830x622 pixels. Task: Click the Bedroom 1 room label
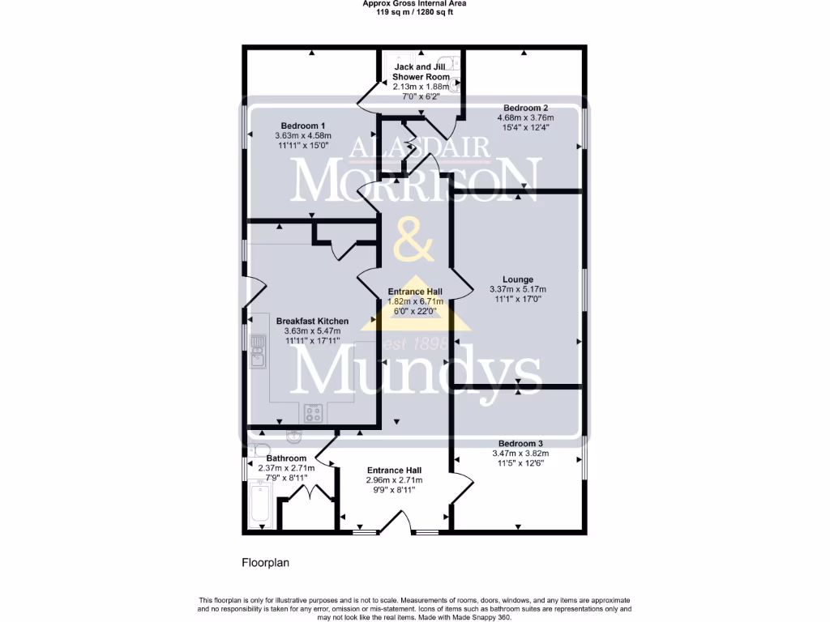pyautogui.click(x=303, y=126)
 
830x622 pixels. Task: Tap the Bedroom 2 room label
pyautogui.click(x=525, y=108)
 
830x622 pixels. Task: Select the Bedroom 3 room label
pyautogui.click(x=520, y=443)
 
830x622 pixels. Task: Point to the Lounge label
pyautogui.click(x=517, y=279)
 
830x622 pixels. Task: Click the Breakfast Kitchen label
pyautogui.click(x=312, y=321)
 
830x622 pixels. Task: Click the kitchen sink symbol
pyautogui.click(x=259, y=351)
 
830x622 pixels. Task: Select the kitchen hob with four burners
pyautogui.click(x=314, y=413)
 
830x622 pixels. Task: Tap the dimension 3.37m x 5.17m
pyautogui.click(x=517, y=289)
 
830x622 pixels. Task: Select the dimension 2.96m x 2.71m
pyautogui.click(x=394, y=479)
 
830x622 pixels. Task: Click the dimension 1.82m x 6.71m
pyautogui.click(x=414, y=301)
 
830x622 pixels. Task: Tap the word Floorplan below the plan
pyautogui.click(x=266, y=562)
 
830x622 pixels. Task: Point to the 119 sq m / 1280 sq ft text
pyautogui.click(x=414, y=11)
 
